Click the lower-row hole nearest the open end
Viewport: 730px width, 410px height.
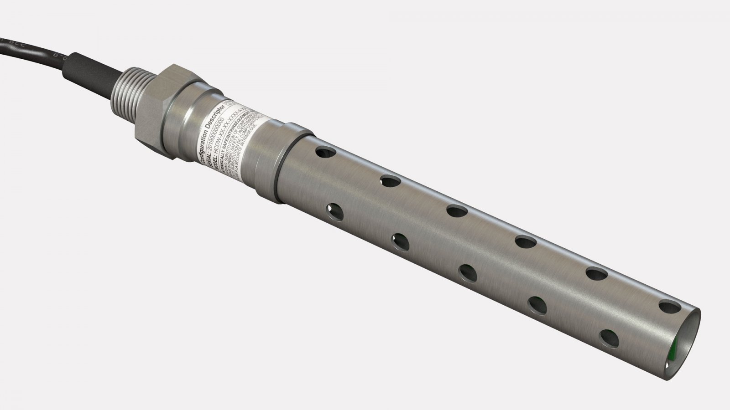coord(609,338)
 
